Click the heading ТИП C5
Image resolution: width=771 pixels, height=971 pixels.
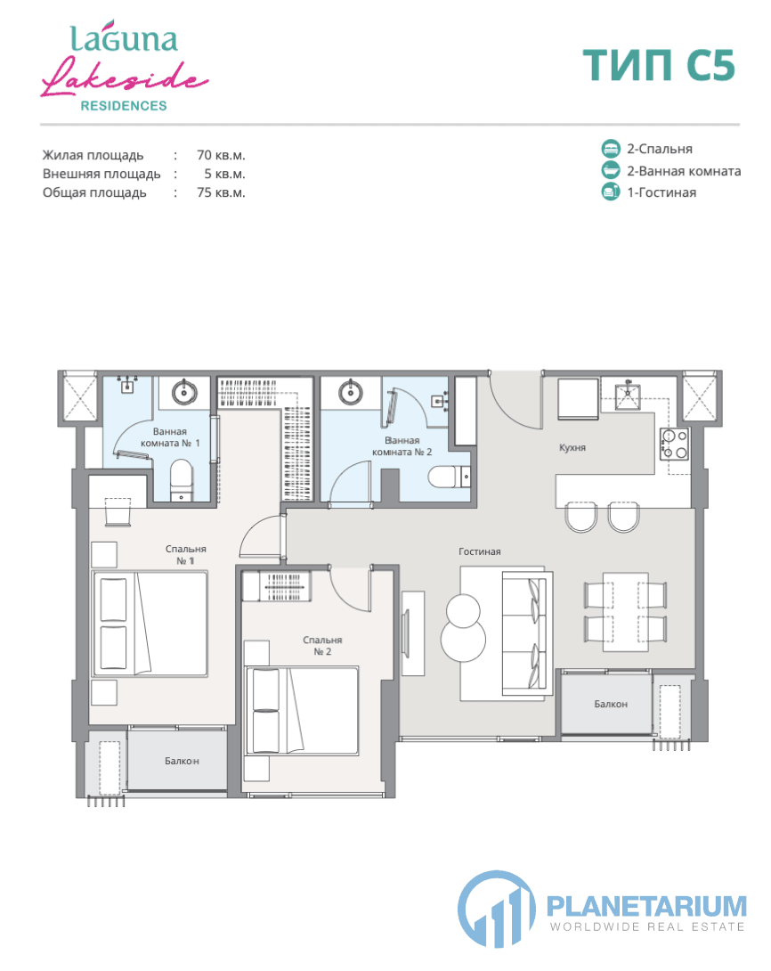click(659, 65)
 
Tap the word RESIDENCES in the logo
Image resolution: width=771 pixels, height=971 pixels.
click(124, 106)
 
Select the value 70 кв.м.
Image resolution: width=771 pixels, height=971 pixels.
click(221, 155)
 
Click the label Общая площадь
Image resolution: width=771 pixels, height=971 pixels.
click(94, 192)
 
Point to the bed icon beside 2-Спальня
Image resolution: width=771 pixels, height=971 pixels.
click(611, 149)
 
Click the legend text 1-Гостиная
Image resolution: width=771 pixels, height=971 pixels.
click(661, 192)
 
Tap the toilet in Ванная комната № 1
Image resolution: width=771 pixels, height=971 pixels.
click(182, 480)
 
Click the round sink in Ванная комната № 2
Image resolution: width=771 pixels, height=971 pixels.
click(351, 392)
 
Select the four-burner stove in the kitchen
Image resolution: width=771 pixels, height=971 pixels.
click(674, 444)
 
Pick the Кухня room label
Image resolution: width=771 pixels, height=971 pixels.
click(572, 447)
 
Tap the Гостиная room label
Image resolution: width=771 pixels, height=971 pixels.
click(480, 551)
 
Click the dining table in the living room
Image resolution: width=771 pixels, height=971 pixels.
click(626, 612)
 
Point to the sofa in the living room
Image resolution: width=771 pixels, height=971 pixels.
click(526, 632)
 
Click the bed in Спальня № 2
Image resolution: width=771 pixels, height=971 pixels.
click(302, 710)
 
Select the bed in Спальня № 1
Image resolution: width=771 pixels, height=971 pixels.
click(150, 624)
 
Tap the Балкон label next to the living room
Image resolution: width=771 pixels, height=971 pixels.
click(611, 704)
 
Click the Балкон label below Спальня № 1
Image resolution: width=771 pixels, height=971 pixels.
click(182, 761)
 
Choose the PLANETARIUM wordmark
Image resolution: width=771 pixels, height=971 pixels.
click(646, 906)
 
